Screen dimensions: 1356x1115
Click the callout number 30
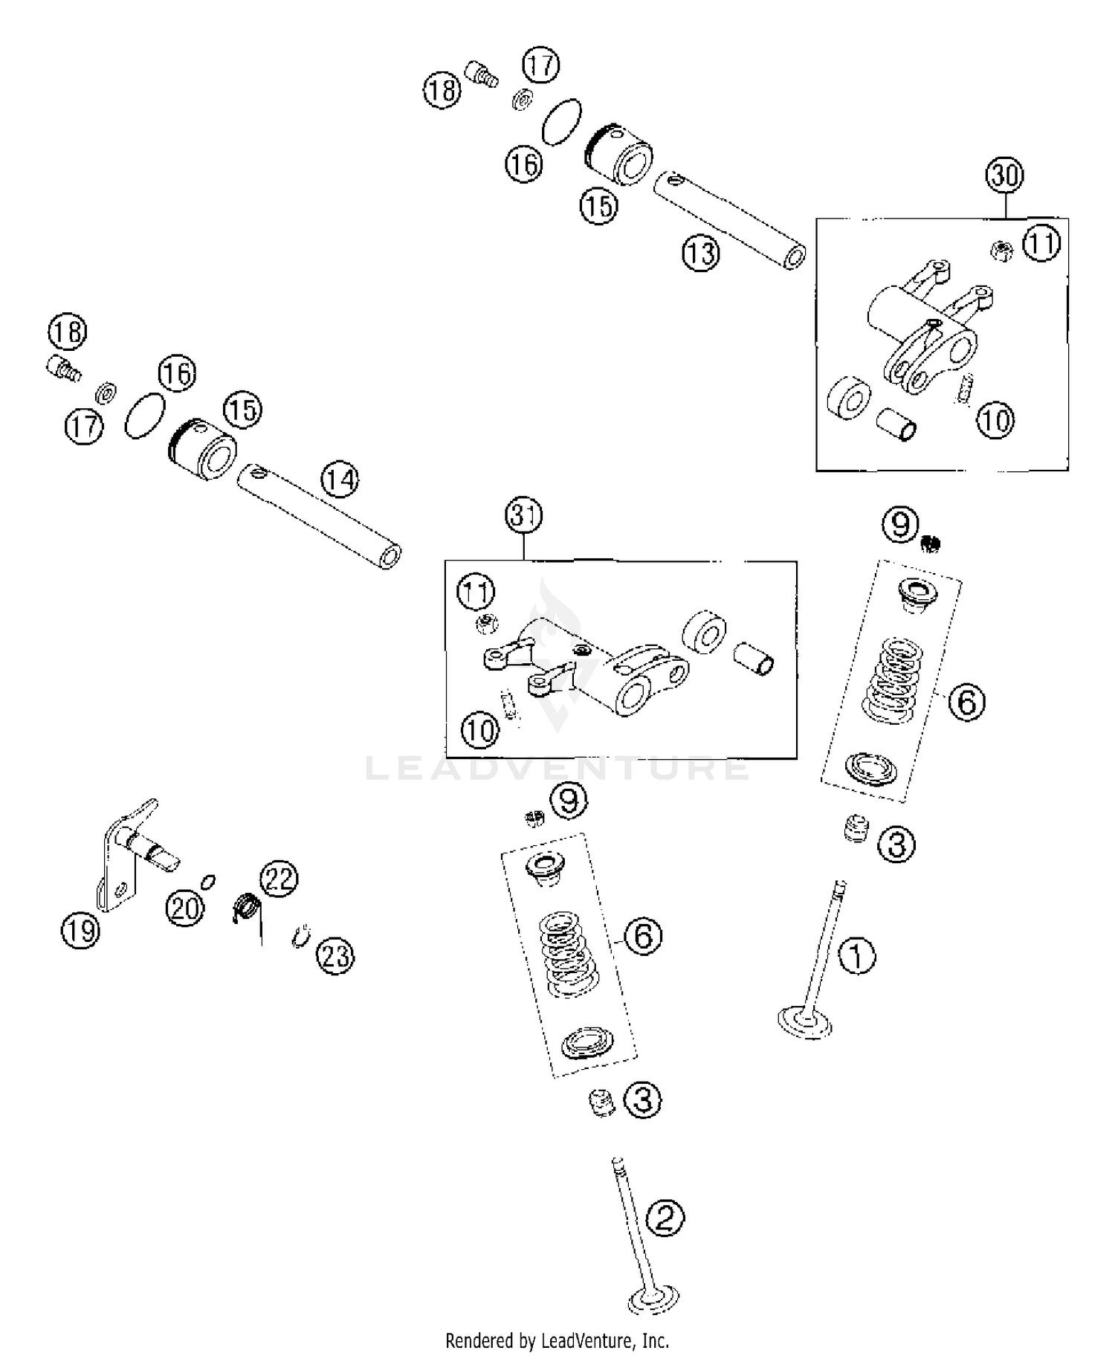[1004, 176]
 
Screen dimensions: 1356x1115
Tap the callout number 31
[523, 516]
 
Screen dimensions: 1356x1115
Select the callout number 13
[701, 254]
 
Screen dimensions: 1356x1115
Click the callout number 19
[80, 930]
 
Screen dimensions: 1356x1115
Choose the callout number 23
[335, 955]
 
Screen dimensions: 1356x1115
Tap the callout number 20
[185, 908]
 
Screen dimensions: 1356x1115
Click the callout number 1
[857, 955]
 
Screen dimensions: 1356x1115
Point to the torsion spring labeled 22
[246, 908]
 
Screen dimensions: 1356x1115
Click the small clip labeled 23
[299, 937]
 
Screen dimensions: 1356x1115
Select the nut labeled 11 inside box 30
[1001, 250]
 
